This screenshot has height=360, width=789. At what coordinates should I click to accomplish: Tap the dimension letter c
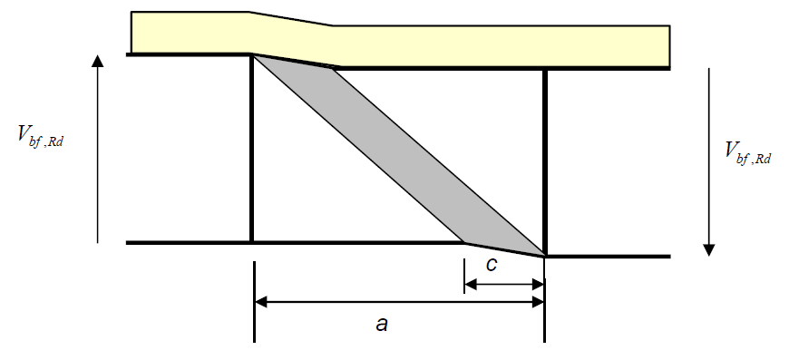491,267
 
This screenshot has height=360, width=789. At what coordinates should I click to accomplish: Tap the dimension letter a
382,323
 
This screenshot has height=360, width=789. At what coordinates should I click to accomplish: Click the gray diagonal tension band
399,154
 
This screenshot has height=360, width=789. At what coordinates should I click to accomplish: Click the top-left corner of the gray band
253,56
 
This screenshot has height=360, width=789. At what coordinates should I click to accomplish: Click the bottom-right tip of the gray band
543,256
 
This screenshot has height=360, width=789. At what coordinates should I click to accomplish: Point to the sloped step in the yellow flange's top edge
290,19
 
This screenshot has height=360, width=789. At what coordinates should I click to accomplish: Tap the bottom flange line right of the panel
608,257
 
